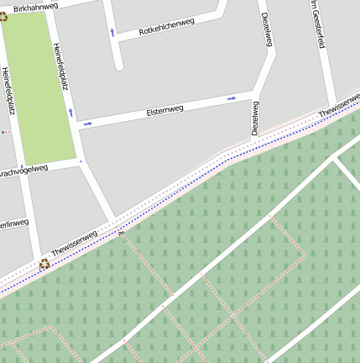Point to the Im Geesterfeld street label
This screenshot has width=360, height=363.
tap(316, 23)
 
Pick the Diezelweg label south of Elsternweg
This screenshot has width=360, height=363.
tap(254, 118)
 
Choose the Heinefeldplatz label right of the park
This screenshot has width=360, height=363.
tap(60, 66)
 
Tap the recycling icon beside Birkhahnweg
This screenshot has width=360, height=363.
tap(3, 16)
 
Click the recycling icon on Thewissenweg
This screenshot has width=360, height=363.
tap(44, 264)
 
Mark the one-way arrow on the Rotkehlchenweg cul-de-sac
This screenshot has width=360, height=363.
tap(112, 33)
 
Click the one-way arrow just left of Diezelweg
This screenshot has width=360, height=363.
tap(232, 98)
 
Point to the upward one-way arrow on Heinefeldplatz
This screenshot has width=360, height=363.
tap(70, 112)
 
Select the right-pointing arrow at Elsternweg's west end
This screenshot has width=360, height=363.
tap(87, 124)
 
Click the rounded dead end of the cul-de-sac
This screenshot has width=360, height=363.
tap(118, 65)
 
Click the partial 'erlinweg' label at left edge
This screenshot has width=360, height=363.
tap(14, 224)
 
